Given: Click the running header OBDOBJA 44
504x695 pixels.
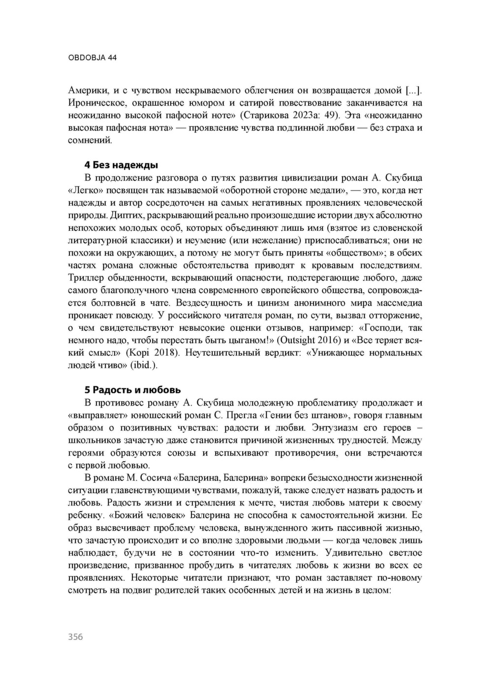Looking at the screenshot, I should [92, 58].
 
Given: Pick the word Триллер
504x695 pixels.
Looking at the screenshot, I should [85, 278].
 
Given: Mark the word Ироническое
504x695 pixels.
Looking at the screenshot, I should [96, 103].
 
